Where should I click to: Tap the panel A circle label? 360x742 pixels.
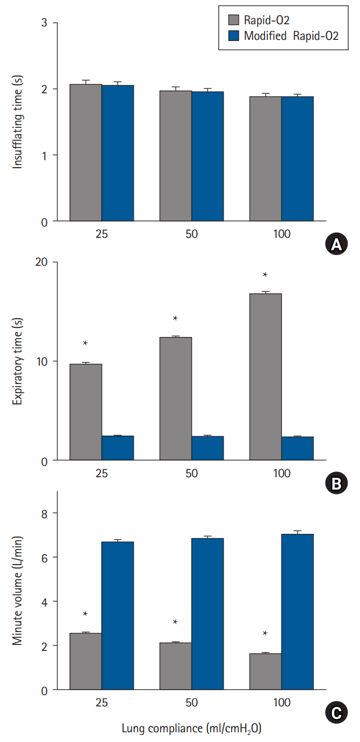pyautogui.click(x=335, y=245)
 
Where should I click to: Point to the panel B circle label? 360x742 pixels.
pyautogui.click(x=335, y=484)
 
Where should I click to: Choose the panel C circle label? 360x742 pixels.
pyautogui.click(x=335, y=713)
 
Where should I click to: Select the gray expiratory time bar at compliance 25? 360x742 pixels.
pyautogui.click(x=86, y=412)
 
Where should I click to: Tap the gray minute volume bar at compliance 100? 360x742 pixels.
pyautogui.click(x=265, y=671)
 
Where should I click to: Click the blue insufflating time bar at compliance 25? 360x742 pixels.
pyautogui.click(x=117, y=153)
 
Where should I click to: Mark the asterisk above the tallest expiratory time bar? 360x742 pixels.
pyautogui.click(x=265, y=274)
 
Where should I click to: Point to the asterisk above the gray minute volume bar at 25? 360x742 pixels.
pyautogui.click(x=85, y=614)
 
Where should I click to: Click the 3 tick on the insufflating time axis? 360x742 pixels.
pyautogui.click(x=44, y=23)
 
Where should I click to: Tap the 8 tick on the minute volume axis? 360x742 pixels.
pyautogui.click(x=44, y=513)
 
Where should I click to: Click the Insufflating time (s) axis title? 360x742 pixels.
pyautogui.click(x=18, y=122)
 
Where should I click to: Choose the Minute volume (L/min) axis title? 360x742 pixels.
pyautogui.click(x=18, y=592)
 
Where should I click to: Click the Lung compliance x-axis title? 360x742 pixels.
pyautogui.click(x=191, y=729)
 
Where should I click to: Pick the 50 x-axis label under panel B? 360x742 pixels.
pyautogui.click(x=191, y=473)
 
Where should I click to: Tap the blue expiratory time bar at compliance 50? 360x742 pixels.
pyautogui.click(x=207, y=448)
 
